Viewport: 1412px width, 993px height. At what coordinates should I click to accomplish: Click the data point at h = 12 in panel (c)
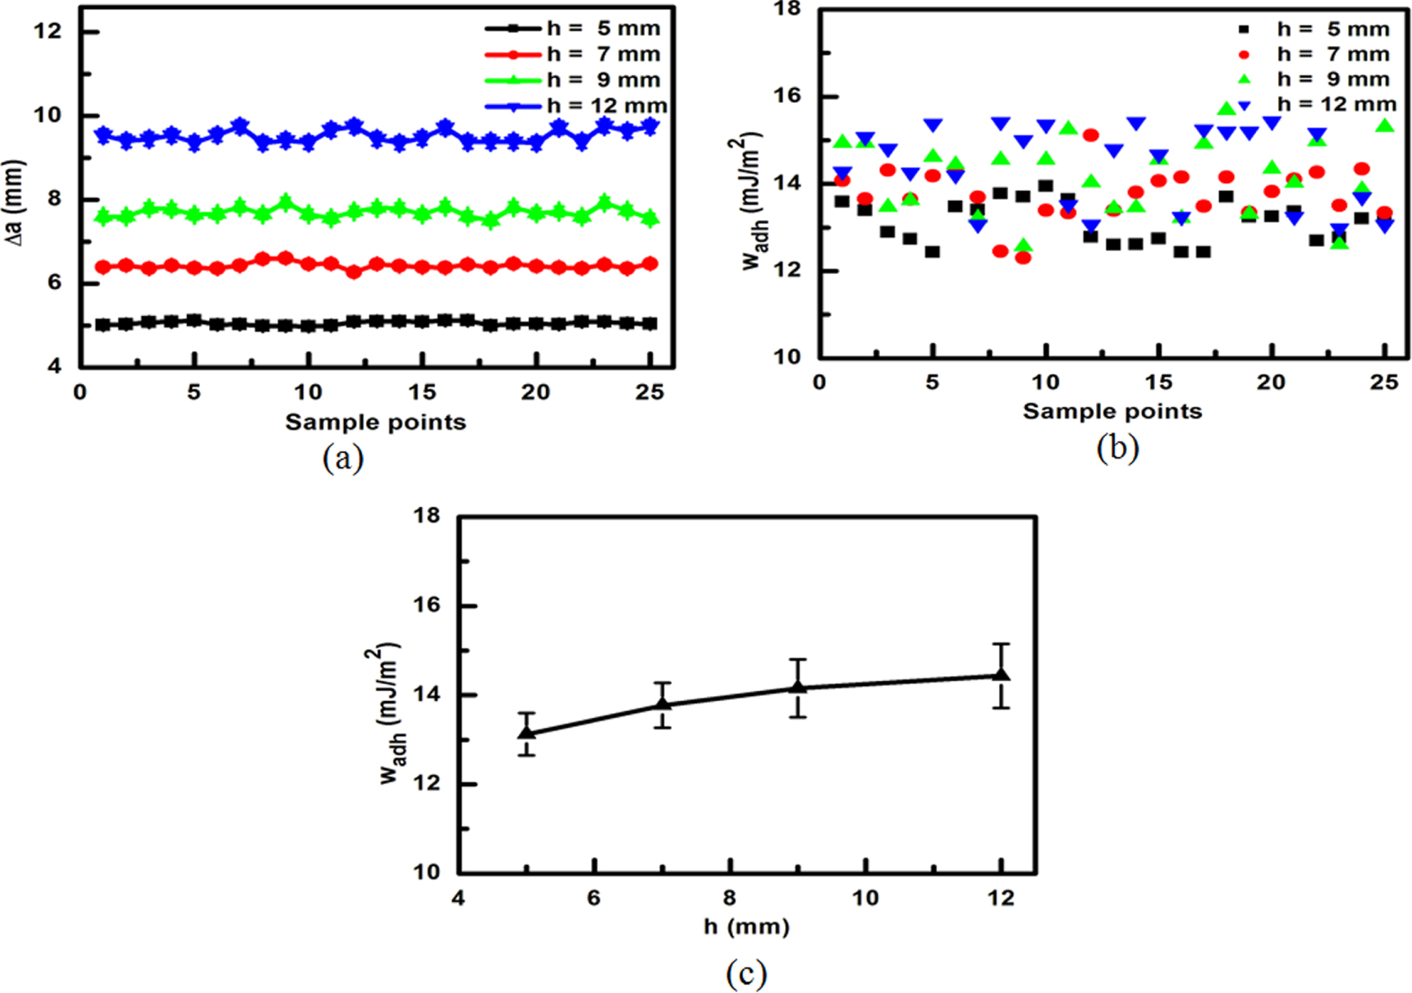tap(1001, 675)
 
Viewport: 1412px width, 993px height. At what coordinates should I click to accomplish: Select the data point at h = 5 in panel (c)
tap(526, 732)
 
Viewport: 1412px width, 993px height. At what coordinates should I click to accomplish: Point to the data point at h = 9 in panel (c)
tap(797, 688)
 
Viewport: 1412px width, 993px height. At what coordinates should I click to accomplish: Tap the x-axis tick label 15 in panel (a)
tap(422, 392)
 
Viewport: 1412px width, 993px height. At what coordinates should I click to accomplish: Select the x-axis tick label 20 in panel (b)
tap(1271, 382)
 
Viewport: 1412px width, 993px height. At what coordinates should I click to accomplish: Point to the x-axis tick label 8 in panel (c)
tap(729, 898)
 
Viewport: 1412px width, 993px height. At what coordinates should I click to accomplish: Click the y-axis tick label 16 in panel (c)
tap(426, 605)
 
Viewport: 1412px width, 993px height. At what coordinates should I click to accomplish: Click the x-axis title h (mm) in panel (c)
tap(746, 927)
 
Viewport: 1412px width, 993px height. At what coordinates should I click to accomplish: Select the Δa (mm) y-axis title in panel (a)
tap(15, 202)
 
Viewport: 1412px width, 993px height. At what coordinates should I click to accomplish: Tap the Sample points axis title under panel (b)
tap(1112, 411)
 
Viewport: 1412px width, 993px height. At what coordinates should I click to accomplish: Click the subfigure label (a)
tap(342, 458)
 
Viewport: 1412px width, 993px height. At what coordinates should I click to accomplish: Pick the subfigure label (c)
tap(746, 974)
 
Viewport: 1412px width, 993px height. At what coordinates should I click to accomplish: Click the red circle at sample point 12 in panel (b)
tap(1090, 135)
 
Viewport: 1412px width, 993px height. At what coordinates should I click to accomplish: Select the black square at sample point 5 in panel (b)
tap(932, 252)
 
